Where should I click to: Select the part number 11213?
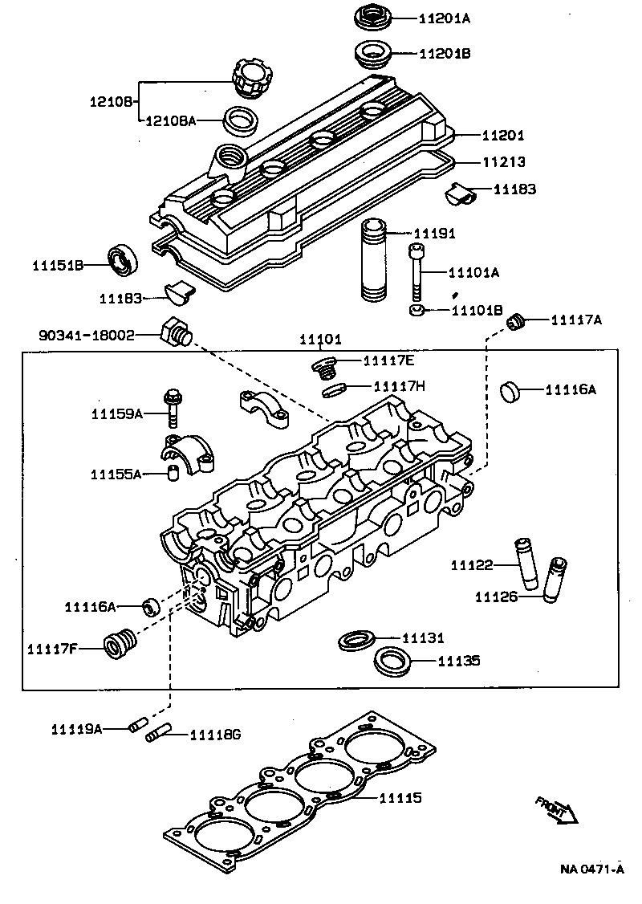pyautogui.click(x=504, y=162)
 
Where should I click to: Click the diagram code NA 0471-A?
pyautogui.click(x=591, y=869)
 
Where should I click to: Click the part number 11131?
pyautogui.click(x=422, y=638)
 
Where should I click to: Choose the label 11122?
pyautogui.click(x=471, y=565)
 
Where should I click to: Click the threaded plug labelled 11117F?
pyautogui.click(x=121, y=642)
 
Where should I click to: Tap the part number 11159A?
pyautogui.click(x=116, y=413)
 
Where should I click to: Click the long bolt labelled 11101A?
pyautogui.click(x=416, y=273)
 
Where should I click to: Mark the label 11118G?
pyautogui.click(x=215, y=735)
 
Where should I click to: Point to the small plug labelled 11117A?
pyautogui.click(x=518, y=322)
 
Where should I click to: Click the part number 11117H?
pyautogui.click(x=399, y=386)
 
